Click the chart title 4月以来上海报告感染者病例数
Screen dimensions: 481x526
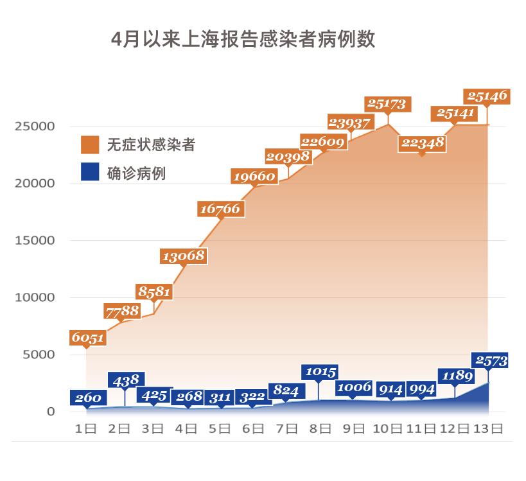click(243, 39)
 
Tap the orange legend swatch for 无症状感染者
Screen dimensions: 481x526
click(90, 144)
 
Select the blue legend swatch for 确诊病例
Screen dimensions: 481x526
click(90, 172)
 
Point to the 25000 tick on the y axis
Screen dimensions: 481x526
click(35, 126)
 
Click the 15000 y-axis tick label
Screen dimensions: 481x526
click(35, 240)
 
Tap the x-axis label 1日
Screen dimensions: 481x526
click(86, 428)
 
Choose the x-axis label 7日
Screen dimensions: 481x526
click(286, 428)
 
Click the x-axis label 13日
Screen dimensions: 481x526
click(487, 428)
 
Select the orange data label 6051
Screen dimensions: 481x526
click(87, 338)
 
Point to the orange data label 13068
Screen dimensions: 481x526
click(184, 256)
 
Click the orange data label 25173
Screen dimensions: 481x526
click(388, 103)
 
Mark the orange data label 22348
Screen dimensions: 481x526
click(422, 143)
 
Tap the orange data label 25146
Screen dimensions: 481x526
click(486, 96)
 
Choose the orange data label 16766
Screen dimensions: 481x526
click(220, 209)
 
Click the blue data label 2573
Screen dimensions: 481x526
click(491, 361)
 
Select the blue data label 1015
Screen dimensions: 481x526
click(319, 372)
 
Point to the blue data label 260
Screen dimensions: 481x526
click(87, 398)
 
